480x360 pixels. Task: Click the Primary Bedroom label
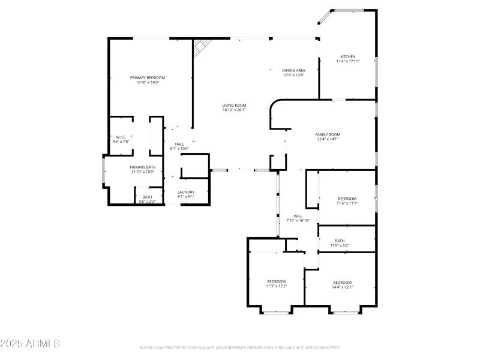(x=148, y=77)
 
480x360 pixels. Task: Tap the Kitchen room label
(x=348, y=56)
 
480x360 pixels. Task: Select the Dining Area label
(x=294, y=70)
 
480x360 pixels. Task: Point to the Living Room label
(x=234, y=105)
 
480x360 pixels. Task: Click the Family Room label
(x=328, y=134)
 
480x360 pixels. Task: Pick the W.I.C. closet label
(x=120, y=137)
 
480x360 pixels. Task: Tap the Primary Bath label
(x=143, y=167)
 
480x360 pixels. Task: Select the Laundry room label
(x=185, y=192)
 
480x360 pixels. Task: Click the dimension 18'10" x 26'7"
(x=234, y=110)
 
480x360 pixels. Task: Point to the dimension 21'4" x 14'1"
(x=328, y=139)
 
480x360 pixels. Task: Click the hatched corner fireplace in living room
(x=202, y=47)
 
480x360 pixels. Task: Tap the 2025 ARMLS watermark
(x=30, y=344)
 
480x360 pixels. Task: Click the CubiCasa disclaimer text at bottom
(x=240, y=347)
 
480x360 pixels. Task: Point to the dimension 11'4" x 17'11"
(x=348, y=61)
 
